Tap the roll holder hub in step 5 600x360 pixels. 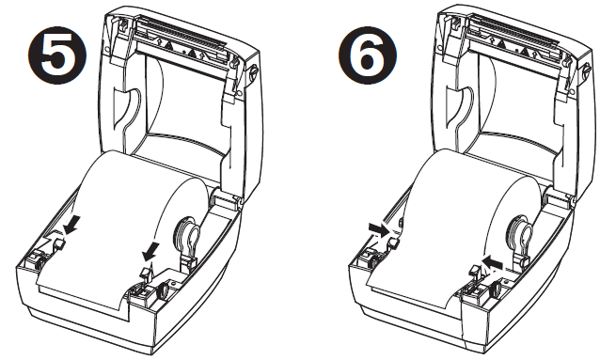pos(185,231)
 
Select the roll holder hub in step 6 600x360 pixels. pos(520,231)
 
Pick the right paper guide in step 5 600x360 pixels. pos(144,274)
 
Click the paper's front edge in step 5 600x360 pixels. pos(80,291)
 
